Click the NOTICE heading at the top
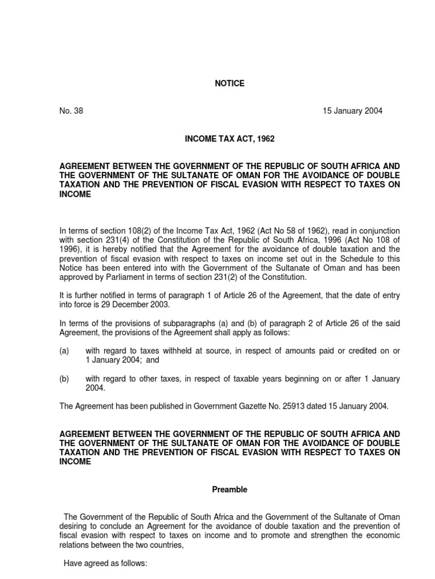coord(229,83)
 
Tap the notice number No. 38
coord(71,111)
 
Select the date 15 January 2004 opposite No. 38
coord(352,111)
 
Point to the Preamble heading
coord(229,490)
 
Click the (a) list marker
coord(64,351)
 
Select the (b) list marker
coord(64,379)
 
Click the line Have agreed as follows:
coord(105,563)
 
